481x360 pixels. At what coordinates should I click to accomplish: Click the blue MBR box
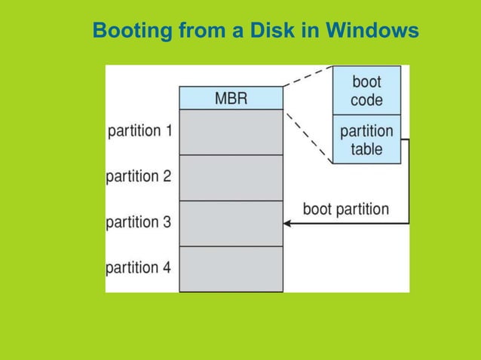[x=231, y=99]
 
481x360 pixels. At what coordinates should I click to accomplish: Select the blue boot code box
[x=366, y=90]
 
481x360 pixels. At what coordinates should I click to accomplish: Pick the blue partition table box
[x=366, y=139]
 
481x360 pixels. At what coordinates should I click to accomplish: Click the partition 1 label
[x=141, y=131]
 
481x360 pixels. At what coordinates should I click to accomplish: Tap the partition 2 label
[x=139, y=177]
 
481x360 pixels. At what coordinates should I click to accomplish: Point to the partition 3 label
[x=139, y=222]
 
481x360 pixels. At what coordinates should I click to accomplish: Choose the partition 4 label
[x=139, y=267]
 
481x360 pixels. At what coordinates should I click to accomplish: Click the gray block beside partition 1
[x=231, y=132]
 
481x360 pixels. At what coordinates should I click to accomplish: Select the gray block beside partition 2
[x=231, y=178]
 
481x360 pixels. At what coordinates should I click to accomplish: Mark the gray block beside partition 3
[x=231, y=223]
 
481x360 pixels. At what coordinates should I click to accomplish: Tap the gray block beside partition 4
[x=231, y=269]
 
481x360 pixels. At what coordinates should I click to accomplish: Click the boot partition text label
[x=345, y=209]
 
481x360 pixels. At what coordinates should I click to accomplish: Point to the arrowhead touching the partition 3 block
[x=287, y=223]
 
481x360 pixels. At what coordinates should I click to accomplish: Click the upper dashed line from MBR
[x=308, y=76]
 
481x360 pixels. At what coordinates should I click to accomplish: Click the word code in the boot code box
[x=366, y=99]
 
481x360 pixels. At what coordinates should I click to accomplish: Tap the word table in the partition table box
[x=366, y=148]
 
